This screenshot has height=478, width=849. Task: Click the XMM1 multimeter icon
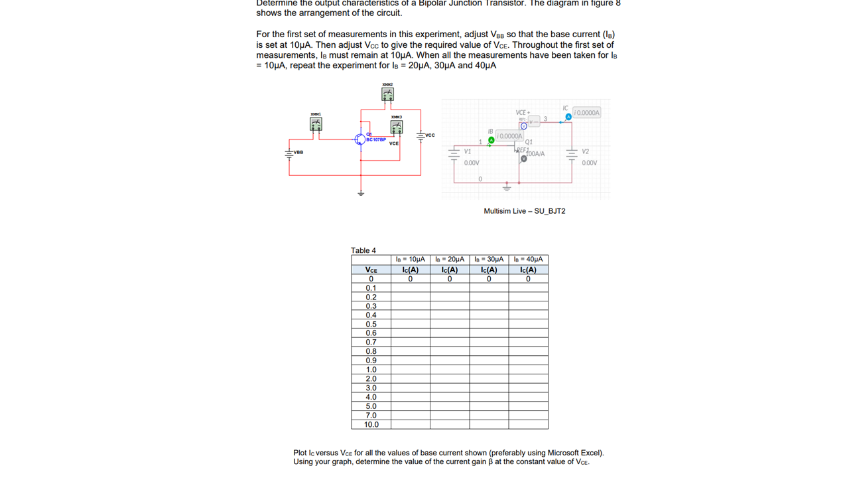(316, 125)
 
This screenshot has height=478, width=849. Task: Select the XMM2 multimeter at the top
(387, 94)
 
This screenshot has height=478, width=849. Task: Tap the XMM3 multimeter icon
(396, 126)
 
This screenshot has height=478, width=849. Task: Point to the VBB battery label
(298, 152)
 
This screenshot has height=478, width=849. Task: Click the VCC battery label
(429, 135)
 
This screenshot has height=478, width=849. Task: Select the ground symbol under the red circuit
(361, 193)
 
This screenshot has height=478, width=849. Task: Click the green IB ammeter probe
(491, 140)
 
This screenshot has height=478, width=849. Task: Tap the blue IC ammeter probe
(568, 117)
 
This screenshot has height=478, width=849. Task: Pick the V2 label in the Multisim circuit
(585, 151)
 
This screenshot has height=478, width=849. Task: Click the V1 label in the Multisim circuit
(468, 151)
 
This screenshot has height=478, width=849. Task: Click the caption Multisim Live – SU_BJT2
(525, 211)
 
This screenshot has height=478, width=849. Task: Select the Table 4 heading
(363, 250)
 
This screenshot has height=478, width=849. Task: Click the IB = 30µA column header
(489, 260)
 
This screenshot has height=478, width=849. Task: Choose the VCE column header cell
(371, 270)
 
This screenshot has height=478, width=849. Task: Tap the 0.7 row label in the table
(371, 342)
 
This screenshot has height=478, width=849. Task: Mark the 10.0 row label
(371, 424)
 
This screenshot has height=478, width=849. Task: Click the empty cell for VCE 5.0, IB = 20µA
(450, 406)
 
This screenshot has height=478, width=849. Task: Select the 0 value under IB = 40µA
(528, 279)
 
